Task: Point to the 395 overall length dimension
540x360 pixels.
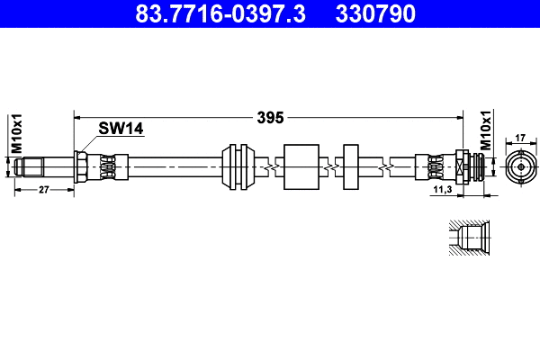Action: pos(270,117)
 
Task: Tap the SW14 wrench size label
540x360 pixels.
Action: pos(121,130)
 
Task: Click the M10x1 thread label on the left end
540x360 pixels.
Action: pos(15,133)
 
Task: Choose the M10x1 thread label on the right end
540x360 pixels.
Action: pos(485,131)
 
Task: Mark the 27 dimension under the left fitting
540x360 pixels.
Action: pos(43,190)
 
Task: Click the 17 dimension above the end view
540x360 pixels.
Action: pos(520,139)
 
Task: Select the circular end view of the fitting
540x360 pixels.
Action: pos(520,167)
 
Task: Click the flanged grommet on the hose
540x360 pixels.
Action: pos(238,167)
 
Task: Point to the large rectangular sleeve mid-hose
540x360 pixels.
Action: pos(301,167)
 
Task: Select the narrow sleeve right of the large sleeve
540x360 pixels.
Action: pos(352,167)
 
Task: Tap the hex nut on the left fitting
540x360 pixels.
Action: pos(81,167)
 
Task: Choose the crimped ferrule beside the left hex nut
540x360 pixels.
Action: pos(106,167)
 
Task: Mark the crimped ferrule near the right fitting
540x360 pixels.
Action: pos(430,167)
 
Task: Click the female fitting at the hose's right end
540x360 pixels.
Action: pos(469,167)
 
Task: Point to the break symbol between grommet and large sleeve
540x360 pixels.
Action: pos(269,167)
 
